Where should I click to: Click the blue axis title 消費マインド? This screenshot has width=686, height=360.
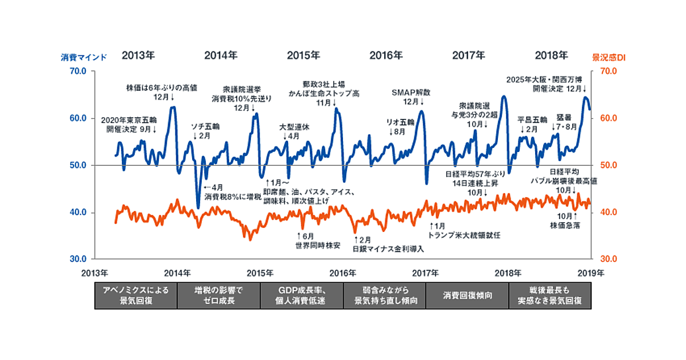[84, 57]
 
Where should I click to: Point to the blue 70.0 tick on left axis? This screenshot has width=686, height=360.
[78, 71]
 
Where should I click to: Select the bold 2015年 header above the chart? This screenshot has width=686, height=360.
[303, 55]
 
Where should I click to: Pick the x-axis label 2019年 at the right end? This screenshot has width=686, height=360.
[591, 272]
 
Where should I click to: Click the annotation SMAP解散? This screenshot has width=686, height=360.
[410, 93]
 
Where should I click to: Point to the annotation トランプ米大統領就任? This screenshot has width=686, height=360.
[464, 235]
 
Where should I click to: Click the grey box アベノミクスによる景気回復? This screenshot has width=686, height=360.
[136, 295]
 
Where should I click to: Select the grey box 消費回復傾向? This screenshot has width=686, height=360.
[467, 295]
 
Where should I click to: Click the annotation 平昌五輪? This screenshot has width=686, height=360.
[532, 120]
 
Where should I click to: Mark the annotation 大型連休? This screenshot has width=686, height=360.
[294, 127]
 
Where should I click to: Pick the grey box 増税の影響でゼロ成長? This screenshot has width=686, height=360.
[218, 295]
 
